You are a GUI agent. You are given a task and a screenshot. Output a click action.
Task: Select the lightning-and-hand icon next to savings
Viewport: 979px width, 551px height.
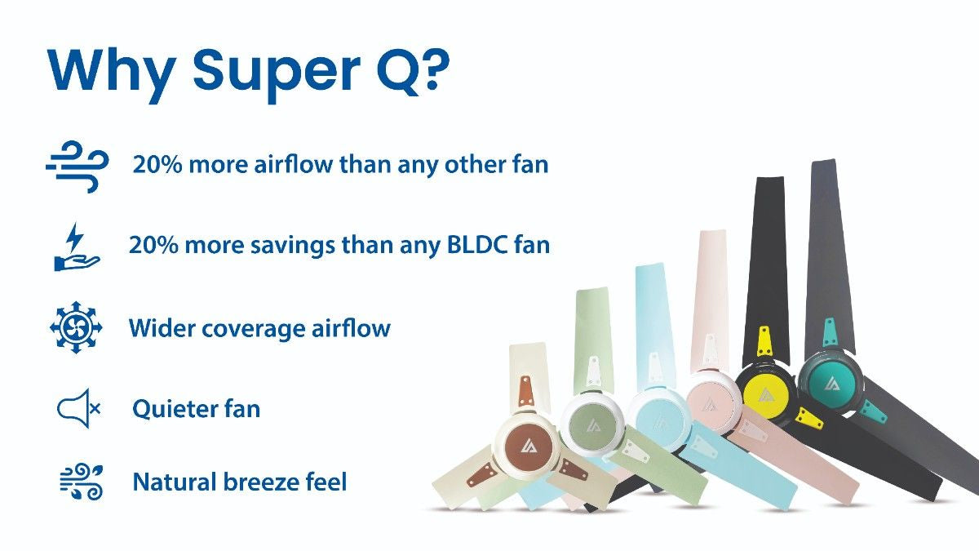click(76, 247)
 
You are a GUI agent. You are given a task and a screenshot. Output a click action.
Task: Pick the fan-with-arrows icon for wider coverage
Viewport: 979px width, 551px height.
click(76, 328)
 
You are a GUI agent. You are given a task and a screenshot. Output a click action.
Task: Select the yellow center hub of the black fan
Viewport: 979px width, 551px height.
click(764, 395)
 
